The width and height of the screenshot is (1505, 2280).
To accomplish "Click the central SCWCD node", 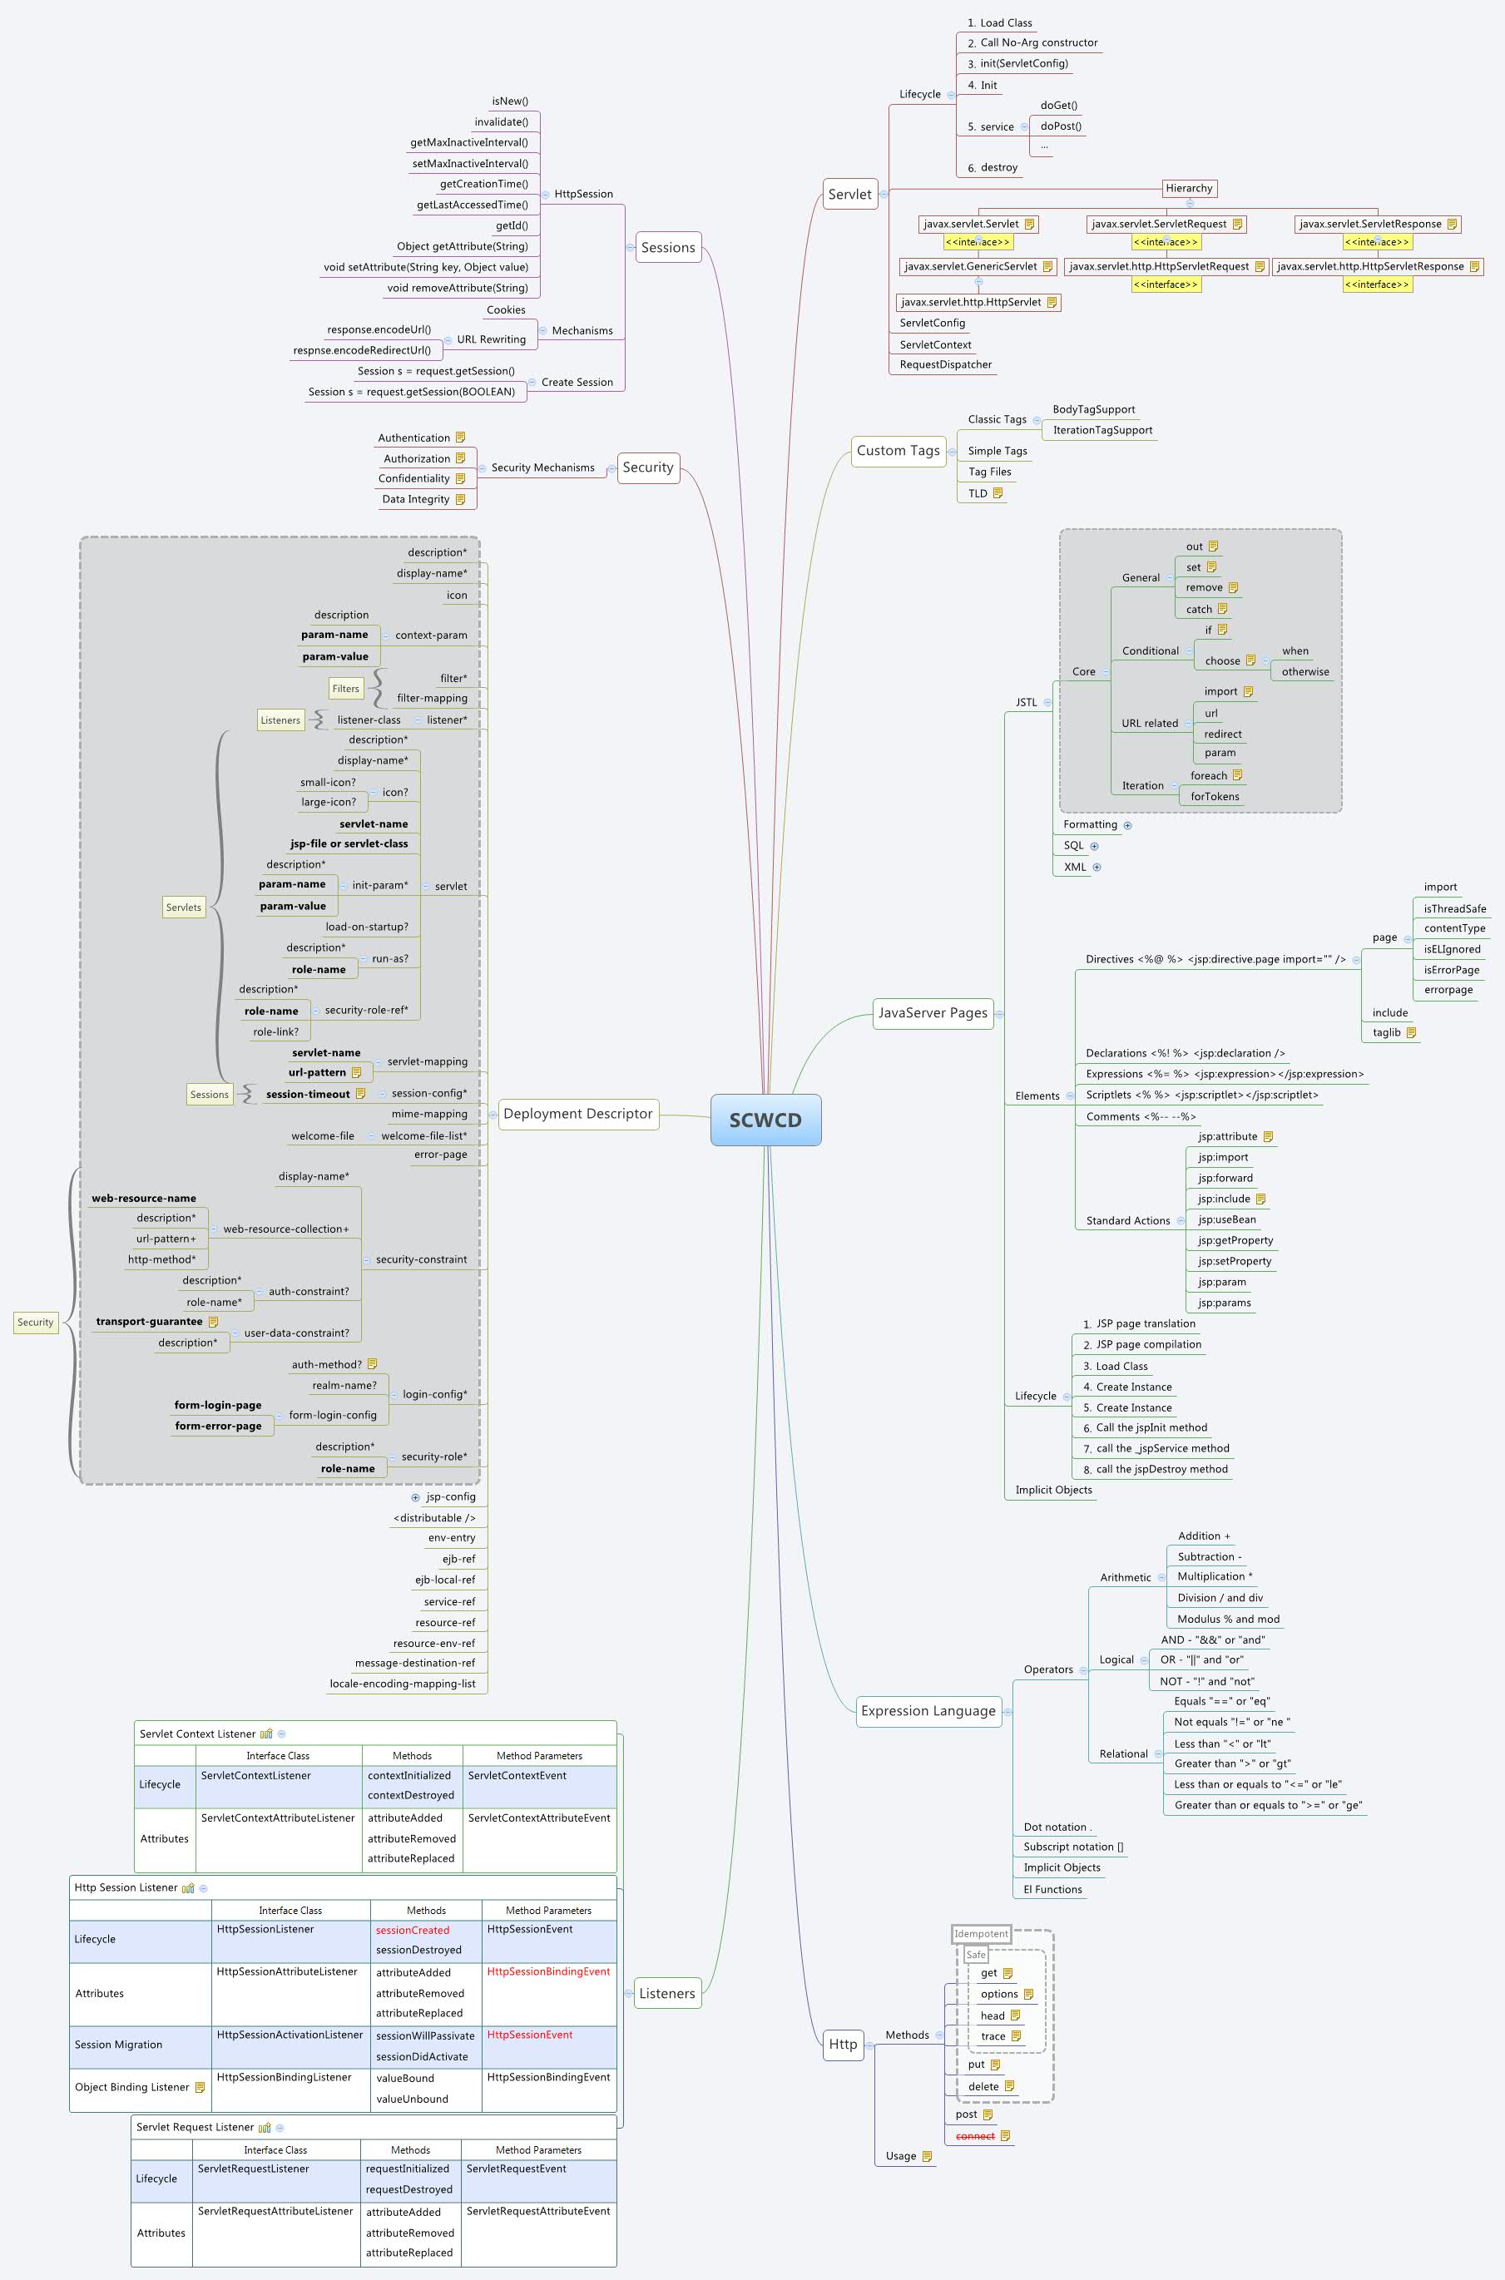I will point(765,1120).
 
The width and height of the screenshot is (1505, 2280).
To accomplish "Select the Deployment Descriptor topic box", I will point(578,1114).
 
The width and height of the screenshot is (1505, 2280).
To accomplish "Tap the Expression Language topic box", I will point(928,1711).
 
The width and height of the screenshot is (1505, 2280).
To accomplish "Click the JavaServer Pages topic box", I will point(932,1012).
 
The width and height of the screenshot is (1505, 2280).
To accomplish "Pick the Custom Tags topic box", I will point(898,451).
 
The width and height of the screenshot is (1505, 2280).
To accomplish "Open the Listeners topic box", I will point(666,1993).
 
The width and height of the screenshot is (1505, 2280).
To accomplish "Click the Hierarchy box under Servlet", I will point(1188,188).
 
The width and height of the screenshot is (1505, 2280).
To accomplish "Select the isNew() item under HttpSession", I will point(510,101).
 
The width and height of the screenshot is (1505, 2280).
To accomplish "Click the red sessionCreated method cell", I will point(413,1930).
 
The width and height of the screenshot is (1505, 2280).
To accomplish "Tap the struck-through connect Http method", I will point(974,2136).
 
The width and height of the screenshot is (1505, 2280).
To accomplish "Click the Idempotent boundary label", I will point(981,1934).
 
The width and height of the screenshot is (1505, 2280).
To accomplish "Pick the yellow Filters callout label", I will point(345,689).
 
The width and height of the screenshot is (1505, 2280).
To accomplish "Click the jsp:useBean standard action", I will point(1226,1219).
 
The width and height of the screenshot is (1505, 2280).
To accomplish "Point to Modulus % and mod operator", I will point(1228,1619).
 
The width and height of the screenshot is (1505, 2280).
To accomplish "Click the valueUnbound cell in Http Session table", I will point(412,2099).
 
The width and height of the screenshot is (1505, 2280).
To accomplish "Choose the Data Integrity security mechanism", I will point(416,499).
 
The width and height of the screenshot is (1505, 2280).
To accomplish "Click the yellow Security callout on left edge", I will point(36,1323).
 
